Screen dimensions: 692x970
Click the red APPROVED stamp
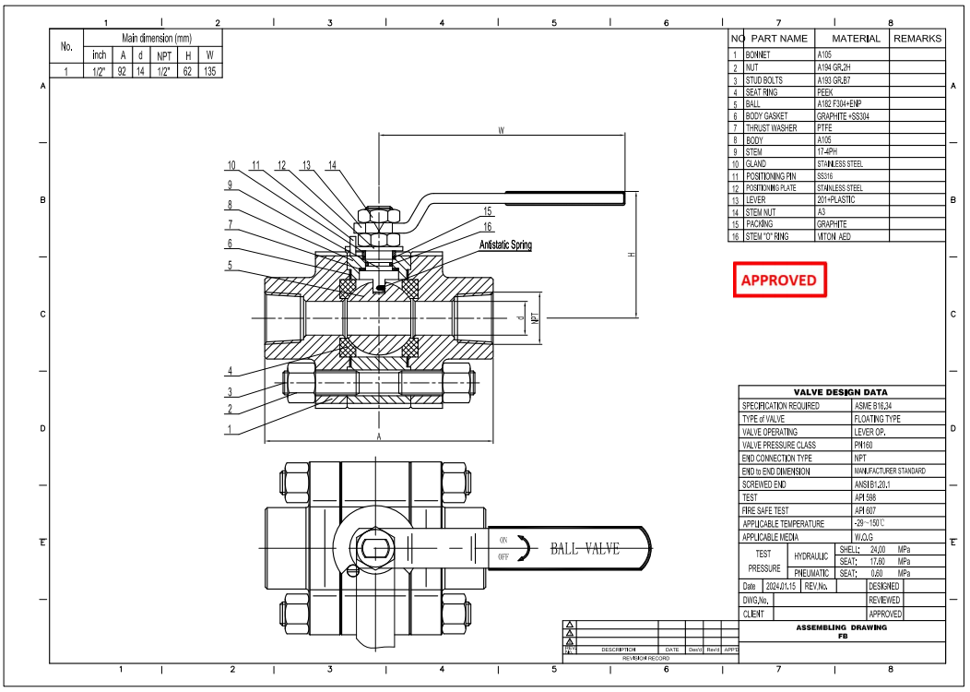click(779, 280)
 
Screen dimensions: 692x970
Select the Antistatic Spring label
click(505, 245)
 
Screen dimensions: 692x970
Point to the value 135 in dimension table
click(209, 70)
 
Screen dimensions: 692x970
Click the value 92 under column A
click(121, 70)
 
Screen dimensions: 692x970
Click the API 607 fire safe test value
click(868, 510)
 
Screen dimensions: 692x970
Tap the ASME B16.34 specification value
click(875, 405)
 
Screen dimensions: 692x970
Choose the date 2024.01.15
click(780, 586)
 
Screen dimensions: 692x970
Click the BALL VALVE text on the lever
click(585, 549)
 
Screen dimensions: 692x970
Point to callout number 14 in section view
click(332, 166)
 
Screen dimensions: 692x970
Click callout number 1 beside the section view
click(230, 429)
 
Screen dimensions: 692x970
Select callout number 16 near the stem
click(488, 226)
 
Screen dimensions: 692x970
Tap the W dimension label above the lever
click(501, 131)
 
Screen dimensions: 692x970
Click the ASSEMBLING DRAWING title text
click(841, 627)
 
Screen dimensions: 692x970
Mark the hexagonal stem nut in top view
click(374, 549)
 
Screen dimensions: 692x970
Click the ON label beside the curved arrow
click(503, 540)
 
